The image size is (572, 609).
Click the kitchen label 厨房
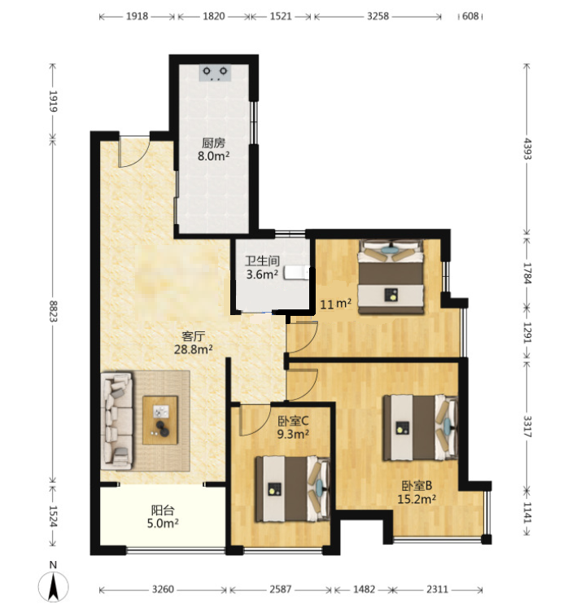pyautogui.click(x=213, y=143)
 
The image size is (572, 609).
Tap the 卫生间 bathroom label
pyautogui.click(x=262, y=261)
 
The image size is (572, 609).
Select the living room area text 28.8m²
pyautogui.click(x=194, y=349)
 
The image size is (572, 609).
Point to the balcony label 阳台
pyautogui.click(x=163, y=510)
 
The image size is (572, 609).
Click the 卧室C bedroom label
pyautogui.click(x=293, y=420)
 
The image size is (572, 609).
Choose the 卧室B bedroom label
pyautogui.click(x=417, y=485)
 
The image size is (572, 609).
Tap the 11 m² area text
pyautogui.click(x=336, y=304)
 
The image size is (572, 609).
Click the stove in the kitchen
pyautogui.click(x=215, y=72)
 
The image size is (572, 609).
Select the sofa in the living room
pyautogui.click(x=116, y=421)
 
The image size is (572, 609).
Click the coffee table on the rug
pyautogui.click(x=160, y=420)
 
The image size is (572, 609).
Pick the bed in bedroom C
pyautogui.click(x=293, y=489)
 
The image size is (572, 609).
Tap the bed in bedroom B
pyautogui.click(x=421, y=427)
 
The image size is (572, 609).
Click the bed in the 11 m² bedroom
pyautogui.click(x=391, y=277)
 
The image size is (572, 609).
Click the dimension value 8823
pyautogui.click(x=53, y=311)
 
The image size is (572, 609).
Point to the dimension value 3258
pyautogui.click(x=378, y=16)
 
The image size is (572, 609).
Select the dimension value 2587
pyautogui.click(x=280, y=589)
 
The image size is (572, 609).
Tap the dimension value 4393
pyautogui.click(x=527, y=148)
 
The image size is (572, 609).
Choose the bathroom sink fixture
pyautogui.click(x=297, y=273)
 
